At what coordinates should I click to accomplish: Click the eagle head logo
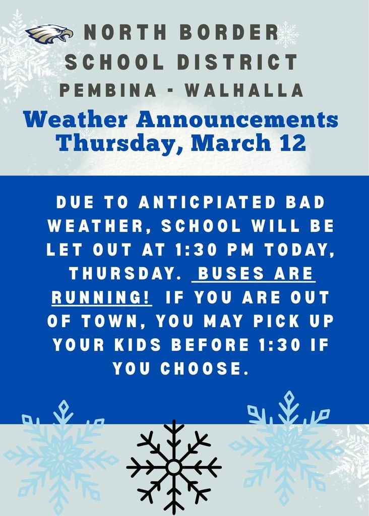(49, 34)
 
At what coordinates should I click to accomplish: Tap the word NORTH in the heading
(125, 32)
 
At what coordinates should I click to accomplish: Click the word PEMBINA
(108, 90)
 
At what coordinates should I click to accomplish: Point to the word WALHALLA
(244, 90)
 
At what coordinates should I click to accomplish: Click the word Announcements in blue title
(237, 119)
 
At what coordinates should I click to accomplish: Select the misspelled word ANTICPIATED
(207, 202)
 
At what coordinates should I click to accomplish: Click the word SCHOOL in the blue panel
(202, 226)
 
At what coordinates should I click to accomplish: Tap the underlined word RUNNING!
(102, 297)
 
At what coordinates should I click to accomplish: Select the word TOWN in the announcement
(110, 321)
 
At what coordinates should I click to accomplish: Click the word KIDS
(138, 345)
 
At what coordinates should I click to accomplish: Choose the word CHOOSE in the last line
(204, 368)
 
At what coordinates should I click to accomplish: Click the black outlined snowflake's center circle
(173, 467)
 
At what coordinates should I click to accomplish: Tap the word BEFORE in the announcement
(210, 345)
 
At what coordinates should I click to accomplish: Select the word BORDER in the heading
(230, 32)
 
